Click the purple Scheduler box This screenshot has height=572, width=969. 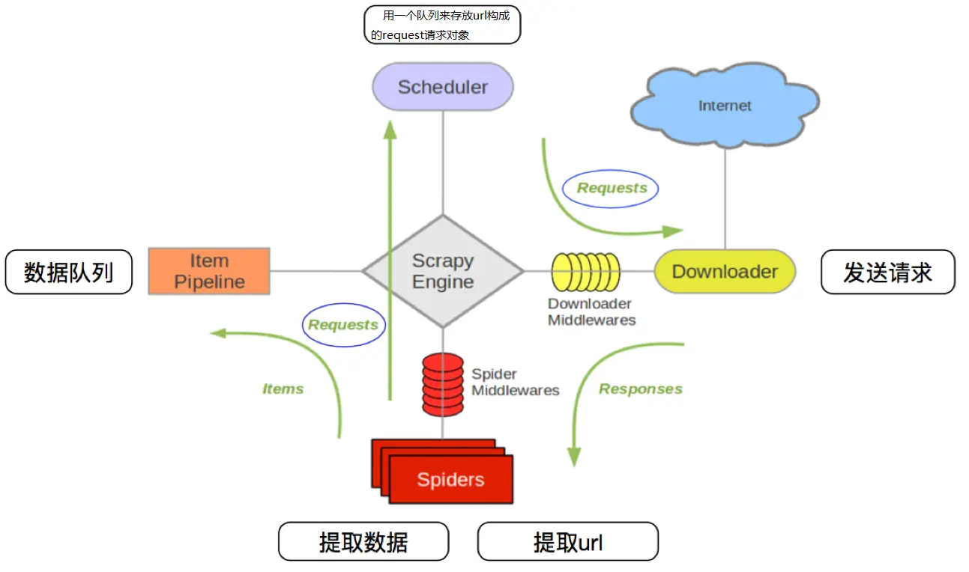(443, 87)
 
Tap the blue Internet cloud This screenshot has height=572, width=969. (725, 105)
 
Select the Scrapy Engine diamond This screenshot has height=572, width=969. (443, 271)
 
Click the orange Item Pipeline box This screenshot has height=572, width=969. (209, 271)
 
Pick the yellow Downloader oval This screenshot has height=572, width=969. (725, 271)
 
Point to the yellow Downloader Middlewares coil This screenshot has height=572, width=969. (586, 272)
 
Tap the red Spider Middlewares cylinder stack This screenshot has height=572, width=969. (443, 385)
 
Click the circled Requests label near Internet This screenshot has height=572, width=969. (610, 189)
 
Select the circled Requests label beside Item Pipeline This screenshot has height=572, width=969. (343, 325)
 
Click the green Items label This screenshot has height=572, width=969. (283, 389)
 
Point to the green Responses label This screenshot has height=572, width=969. (641, 389)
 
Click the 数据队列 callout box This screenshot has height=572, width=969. (69, 272)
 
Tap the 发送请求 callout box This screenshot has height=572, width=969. (887, 272)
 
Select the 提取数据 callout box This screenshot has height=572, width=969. (363, 541)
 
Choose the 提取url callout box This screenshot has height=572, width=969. (568, 541)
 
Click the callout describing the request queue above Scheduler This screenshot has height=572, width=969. (442, 25)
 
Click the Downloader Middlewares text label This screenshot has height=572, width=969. (591, 312)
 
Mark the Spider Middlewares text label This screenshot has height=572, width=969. (515, 382)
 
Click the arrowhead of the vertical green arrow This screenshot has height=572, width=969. (390, 130)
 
